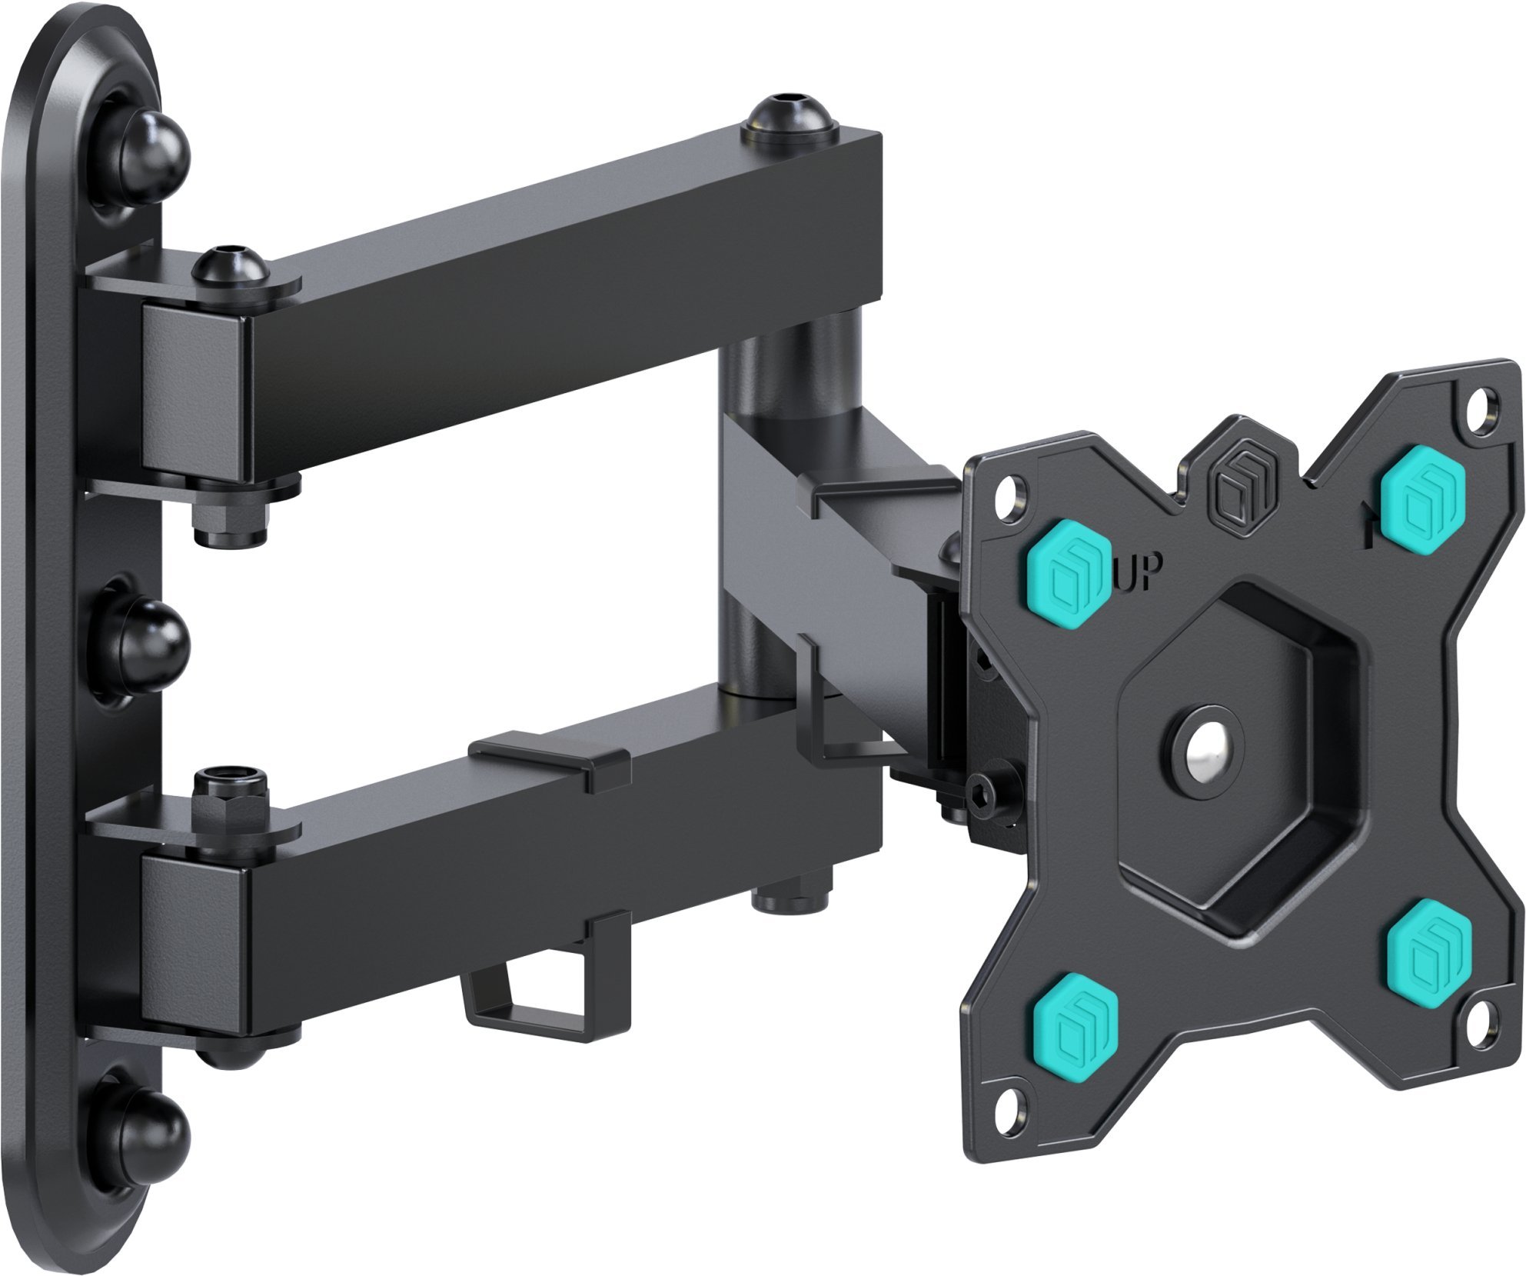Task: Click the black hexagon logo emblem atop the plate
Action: [x=1235, y=489]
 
